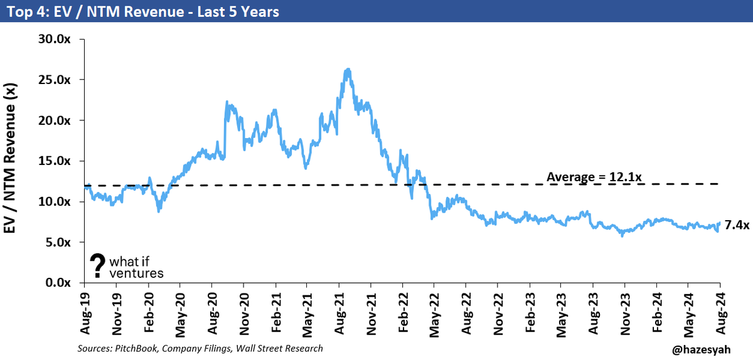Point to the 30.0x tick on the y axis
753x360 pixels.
pyautogui.click(x=55, y=40)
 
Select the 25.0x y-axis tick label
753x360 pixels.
pyautogui.click(x=55, y=80)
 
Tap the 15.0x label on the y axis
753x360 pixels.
pyautogui.click(x=55, y=161)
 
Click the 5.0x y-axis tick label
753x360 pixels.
pyautogui.click(x=58, y=242)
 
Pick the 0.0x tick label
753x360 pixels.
pyautogui.click(x=58, y=283)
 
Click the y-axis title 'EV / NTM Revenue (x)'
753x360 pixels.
pyautogui.click(x=9, y=158)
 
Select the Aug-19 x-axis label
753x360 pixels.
pyautogui.click(x=85, y=314)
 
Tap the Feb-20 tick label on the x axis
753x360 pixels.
pyautogui.click(x=149, y=313)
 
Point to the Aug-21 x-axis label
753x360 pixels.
pyautogui.click(x=339, y=314)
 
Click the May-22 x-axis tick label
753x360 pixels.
pyautogui.click(x=435, y=315)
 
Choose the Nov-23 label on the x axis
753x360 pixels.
pyautogui.click(x=625, y=314)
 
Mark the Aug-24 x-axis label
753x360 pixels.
pyautogui.click(x=721, y=314)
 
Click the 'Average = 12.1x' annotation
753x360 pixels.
pyautogui.click(x=594, y=177)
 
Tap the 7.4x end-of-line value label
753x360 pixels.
pyautogui.click(x=737, y=225)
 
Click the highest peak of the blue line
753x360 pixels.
pyautogui.click(x=348, y=69)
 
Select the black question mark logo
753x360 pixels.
pyautogui.click(x=97, y=265)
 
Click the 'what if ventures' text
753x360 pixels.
pyautogui.click(x=136, y=267)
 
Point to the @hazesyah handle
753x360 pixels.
pyautogui.click(x=702, y=350)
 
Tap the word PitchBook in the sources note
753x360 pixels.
pyautogui.click(x=136, y=349)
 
